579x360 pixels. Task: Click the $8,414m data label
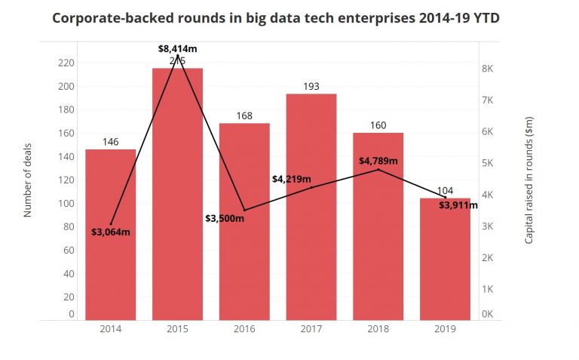178,48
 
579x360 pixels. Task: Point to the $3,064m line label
110,232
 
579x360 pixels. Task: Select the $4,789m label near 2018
378,161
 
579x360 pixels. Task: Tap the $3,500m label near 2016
225,218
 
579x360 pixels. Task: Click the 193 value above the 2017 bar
311,87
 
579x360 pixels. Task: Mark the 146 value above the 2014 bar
110,142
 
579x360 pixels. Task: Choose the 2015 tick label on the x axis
177,330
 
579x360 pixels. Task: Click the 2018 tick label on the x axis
378,330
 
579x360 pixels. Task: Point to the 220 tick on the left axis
66,63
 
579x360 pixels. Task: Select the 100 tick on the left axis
66,204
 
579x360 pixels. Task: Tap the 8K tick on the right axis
488,68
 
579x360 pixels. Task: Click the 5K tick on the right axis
488,163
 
